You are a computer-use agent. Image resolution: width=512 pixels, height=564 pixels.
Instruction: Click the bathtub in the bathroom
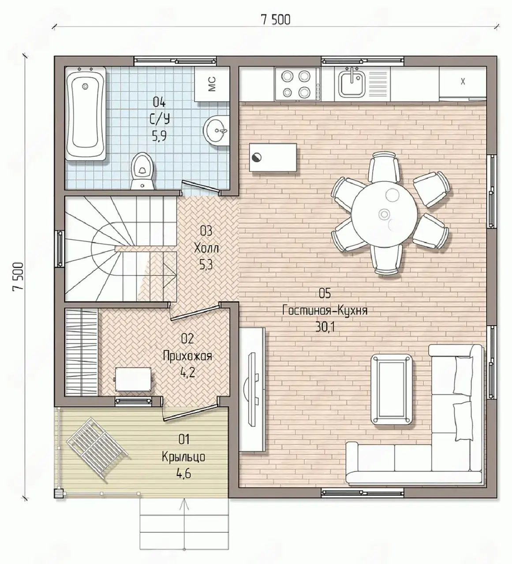point(86,114)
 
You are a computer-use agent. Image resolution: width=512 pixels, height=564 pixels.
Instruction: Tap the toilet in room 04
point(142,171)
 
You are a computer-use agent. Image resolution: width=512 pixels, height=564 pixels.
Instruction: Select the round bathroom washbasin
point(217,130)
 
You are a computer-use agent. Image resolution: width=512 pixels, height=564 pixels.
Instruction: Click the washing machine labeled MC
point(212,84)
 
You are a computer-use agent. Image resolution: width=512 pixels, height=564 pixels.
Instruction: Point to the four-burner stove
point(297,84)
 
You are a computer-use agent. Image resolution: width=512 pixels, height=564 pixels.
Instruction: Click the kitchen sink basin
point(352,83)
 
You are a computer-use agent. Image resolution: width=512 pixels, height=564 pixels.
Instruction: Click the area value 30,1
point(325,327)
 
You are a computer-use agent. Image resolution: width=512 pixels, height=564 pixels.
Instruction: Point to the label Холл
point(206,249)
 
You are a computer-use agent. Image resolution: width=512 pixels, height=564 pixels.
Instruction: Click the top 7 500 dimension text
point(276,20)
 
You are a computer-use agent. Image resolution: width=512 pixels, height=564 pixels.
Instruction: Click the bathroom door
point(200,186)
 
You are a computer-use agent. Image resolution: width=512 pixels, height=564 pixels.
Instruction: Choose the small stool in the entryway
point(134,379)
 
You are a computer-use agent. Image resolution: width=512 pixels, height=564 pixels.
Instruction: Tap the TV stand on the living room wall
point(253,390)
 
